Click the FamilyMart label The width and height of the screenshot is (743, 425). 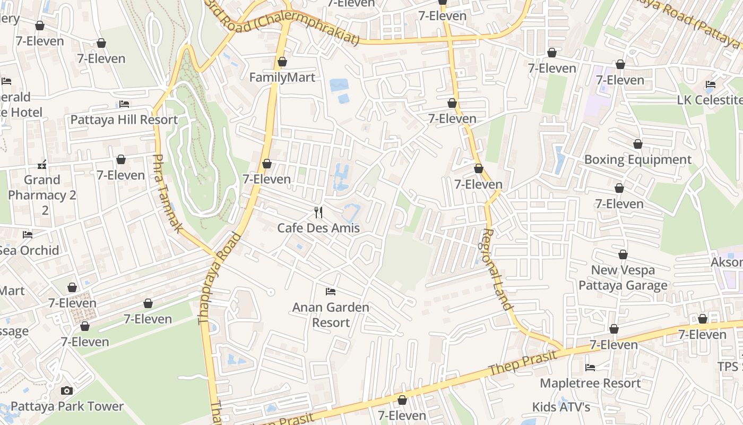282,78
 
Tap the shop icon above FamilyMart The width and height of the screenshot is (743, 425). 282,62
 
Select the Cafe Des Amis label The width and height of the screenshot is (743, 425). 318,228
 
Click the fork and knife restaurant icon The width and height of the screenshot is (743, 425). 318,212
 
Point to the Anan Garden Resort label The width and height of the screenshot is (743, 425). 331,314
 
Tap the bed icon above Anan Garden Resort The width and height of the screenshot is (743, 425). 331,292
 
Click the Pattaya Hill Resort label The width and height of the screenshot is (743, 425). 124,120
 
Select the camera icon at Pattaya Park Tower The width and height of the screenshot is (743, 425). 67,391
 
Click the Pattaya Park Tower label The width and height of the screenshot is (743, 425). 67,407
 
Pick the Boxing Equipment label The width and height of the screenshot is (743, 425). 638,160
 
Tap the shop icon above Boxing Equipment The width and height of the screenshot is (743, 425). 638,144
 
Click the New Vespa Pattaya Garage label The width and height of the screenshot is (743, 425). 623,278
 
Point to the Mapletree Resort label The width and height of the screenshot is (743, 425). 590,383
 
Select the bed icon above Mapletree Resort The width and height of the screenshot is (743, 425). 590,367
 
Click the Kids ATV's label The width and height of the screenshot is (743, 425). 561,407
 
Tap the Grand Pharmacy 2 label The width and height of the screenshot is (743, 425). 42,194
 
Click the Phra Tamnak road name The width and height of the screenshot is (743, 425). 167,193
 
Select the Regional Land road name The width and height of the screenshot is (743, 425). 498,269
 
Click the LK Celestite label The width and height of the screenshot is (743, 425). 710,100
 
